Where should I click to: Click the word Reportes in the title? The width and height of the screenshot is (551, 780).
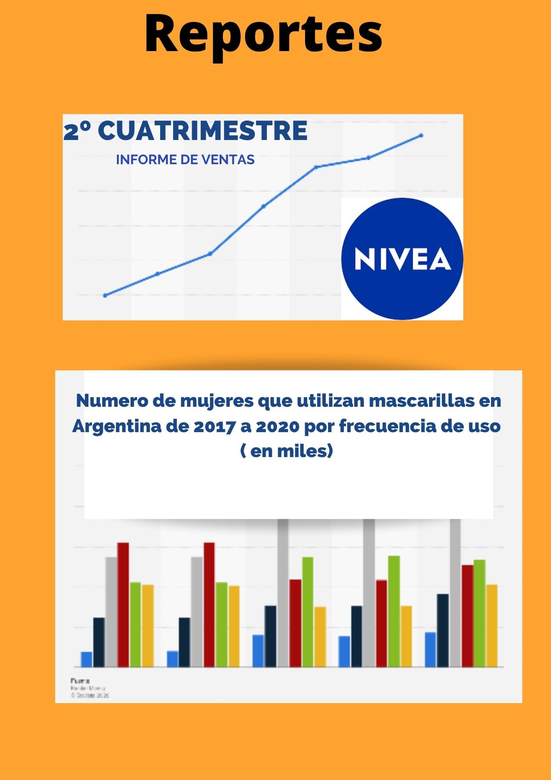tap(263, 34)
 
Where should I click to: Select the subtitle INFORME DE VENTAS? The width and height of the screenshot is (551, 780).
tap(185, 160)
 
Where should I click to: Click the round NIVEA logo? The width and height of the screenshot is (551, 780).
tap(402, 259)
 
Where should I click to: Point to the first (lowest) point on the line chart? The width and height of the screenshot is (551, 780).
tap(105, 295)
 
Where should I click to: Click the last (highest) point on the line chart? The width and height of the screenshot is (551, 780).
tap(421, 135)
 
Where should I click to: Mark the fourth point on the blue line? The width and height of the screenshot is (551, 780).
tap(263, 206)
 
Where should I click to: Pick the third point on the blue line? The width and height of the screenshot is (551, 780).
tap(210, 253)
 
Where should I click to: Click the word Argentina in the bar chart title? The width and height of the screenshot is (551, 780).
tap(116, 426)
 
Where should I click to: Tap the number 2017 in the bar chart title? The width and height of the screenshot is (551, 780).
tap(212, 426)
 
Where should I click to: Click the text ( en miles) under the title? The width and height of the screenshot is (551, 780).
tap(287, 451)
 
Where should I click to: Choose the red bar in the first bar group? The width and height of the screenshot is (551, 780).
tap(123, 604)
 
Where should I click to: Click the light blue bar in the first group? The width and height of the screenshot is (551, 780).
tap(87, 659)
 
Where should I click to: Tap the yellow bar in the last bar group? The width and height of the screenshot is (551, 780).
tap(492, 626)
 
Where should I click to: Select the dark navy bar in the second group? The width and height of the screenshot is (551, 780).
tap(184, 642)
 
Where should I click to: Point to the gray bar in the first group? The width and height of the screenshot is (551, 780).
tap(111, 612)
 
